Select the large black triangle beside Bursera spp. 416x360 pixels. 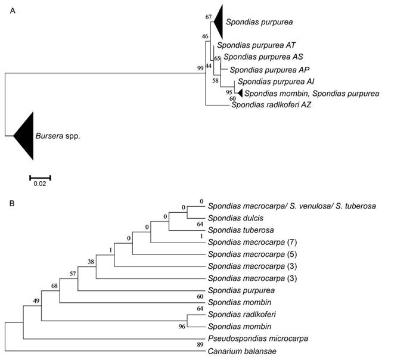[24, 136]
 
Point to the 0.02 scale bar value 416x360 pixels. [39, 184]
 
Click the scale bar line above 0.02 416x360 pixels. [40, 177]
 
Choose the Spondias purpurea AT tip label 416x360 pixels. [256, 45]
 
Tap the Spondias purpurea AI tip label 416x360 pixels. [274, 82]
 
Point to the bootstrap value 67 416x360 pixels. [208, 17]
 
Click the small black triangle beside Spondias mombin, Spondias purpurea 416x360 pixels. [239, 93]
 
